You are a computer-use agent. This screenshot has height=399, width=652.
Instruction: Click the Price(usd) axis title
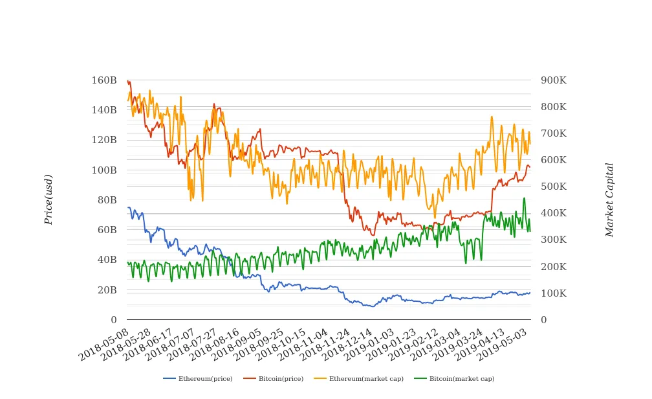pyautogui.click(x=49, y=199)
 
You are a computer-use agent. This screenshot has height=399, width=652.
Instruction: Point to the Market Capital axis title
pyautogui.click(x=609, y=199)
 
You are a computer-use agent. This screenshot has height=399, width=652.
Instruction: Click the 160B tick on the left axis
pyautogui.click(x=104, y=80)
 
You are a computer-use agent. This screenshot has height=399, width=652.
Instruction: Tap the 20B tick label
pyautogui.click(x=107, y=290)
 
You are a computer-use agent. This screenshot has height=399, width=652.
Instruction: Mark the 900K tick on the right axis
pyautogui.click(x=554, y=80)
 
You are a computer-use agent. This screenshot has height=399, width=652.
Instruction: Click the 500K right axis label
pyautogui.click(x=554, y=187)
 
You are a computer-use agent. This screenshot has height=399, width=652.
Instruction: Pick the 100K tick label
pyautogui.click(x=554, y=293)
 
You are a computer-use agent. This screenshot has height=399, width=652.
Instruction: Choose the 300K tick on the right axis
pyautogui.click(x=554, y=240)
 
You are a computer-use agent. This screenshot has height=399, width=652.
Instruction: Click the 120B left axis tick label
pyautogui.click(x=104, y=140)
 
